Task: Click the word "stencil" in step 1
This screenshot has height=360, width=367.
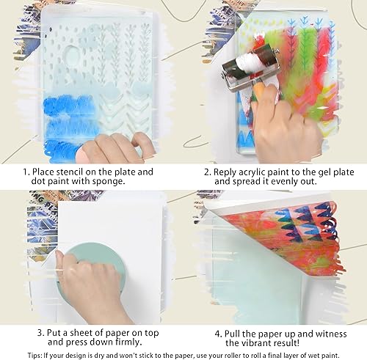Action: pos(70,172)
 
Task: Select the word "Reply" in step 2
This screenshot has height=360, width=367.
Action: pos(225,172)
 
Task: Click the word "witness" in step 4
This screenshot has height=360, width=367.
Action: pos(331,334)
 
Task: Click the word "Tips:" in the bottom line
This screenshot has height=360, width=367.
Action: pos(34,356)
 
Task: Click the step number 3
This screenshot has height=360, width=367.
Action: pos(41,333)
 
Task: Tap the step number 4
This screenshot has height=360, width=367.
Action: pos(218,334)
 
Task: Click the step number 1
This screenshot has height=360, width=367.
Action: pos(26,172)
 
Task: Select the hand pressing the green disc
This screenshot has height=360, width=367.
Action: pos(88,284)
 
